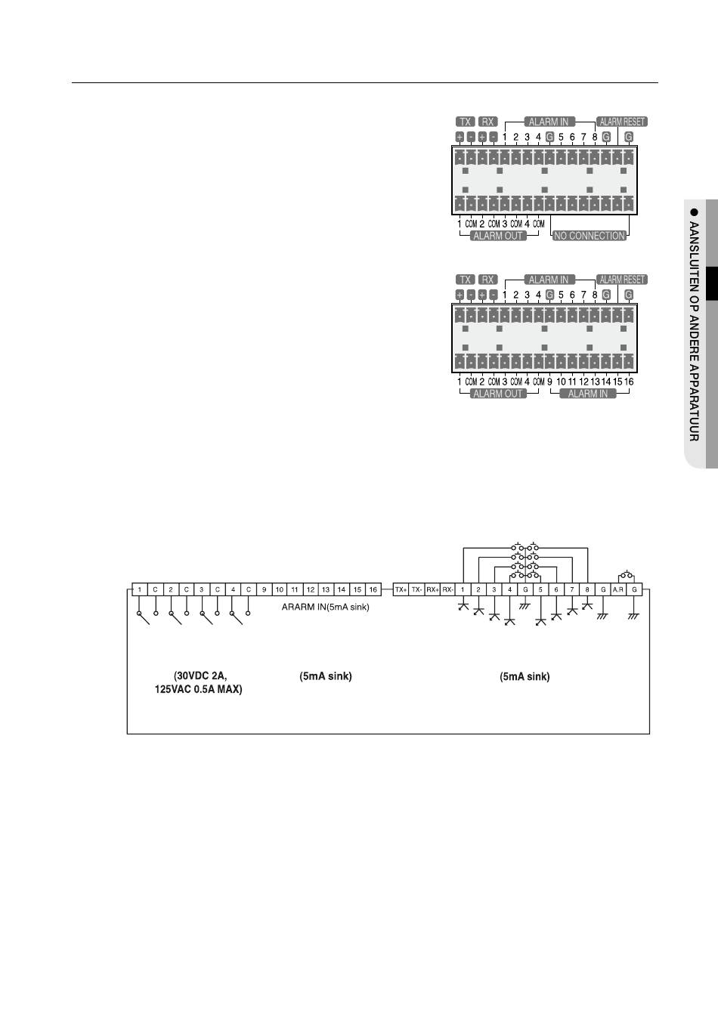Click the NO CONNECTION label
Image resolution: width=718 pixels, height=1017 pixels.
[x=590, y=236]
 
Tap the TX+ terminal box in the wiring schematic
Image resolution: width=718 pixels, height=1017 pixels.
[x=401, y=589]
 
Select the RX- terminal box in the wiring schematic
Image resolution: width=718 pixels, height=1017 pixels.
[x=447, y=589]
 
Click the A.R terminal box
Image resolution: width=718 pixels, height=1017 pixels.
[x=618, y=589]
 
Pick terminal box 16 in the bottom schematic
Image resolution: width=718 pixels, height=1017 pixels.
[x=373, y=589]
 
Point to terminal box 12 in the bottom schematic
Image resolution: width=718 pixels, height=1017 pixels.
[x=311, y=589]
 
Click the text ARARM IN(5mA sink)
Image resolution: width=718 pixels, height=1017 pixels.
[x=320, y=607]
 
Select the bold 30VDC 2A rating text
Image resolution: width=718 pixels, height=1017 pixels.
[x=199, y=676]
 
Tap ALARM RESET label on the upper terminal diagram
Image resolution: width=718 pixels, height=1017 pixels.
[x=623, y=122]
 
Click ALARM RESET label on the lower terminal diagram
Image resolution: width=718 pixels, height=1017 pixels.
[x=623, y=280]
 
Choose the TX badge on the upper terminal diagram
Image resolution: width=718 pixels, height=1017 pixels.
[x=466, y=122]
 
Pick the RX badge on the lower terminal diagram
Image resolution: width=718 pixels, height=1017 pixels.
[x=488, y=280]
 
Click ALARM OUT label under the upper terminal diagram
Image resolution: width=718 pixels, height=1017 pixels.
[x=498, y=236]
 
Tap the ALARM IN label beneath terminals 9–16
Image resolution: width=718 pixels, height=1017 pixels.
[x=587, y=394]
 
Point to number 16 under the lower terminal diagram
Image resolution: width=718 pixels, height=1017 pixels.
[x=629, y=382]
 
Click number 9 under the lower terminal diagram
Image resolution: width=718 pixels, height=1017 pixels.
[x=549, y=382]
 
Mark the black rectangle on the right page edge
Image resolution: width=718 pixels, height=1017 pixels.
[x=711, y=283]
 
